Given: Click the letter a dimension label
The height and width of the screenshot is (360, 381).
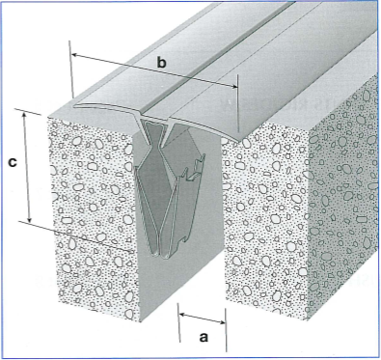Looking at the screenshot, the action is coord(204,338).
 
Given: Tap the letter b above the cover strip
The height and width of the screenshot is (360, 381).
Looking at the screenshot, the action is coord(162,62).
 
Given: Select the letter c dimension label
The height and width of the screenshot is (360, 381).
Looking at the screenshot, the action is coord(13,162).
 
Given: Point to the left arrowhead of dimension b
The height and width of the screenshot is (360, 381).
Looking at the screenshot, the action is coord(74,55).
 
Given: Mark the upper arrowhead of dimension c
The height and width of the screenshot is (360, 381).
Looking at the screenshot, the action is coord(24,113).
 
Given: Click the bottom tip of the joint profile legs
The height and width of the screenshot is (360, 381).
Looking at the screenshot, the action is coord(160,257).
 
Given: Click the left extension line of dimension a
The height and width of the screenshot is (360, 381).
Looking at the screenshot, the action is coord(178,322).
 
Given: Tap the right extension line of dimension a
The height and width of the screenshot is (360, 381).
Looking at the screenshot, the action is coord(226,330).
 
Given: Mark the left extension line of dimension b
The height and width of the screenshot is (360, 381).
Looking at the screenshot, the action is coord(71,69).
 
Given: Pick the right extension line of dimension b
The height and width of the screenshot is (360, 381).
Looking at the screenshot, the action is coord(237,103).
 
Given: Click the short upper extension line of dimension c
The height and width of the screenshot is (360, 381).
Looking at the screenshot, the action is coord(28,111).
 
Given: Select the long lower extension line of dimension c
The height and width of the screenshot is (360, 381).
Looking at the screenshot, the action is coord(74,235).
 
